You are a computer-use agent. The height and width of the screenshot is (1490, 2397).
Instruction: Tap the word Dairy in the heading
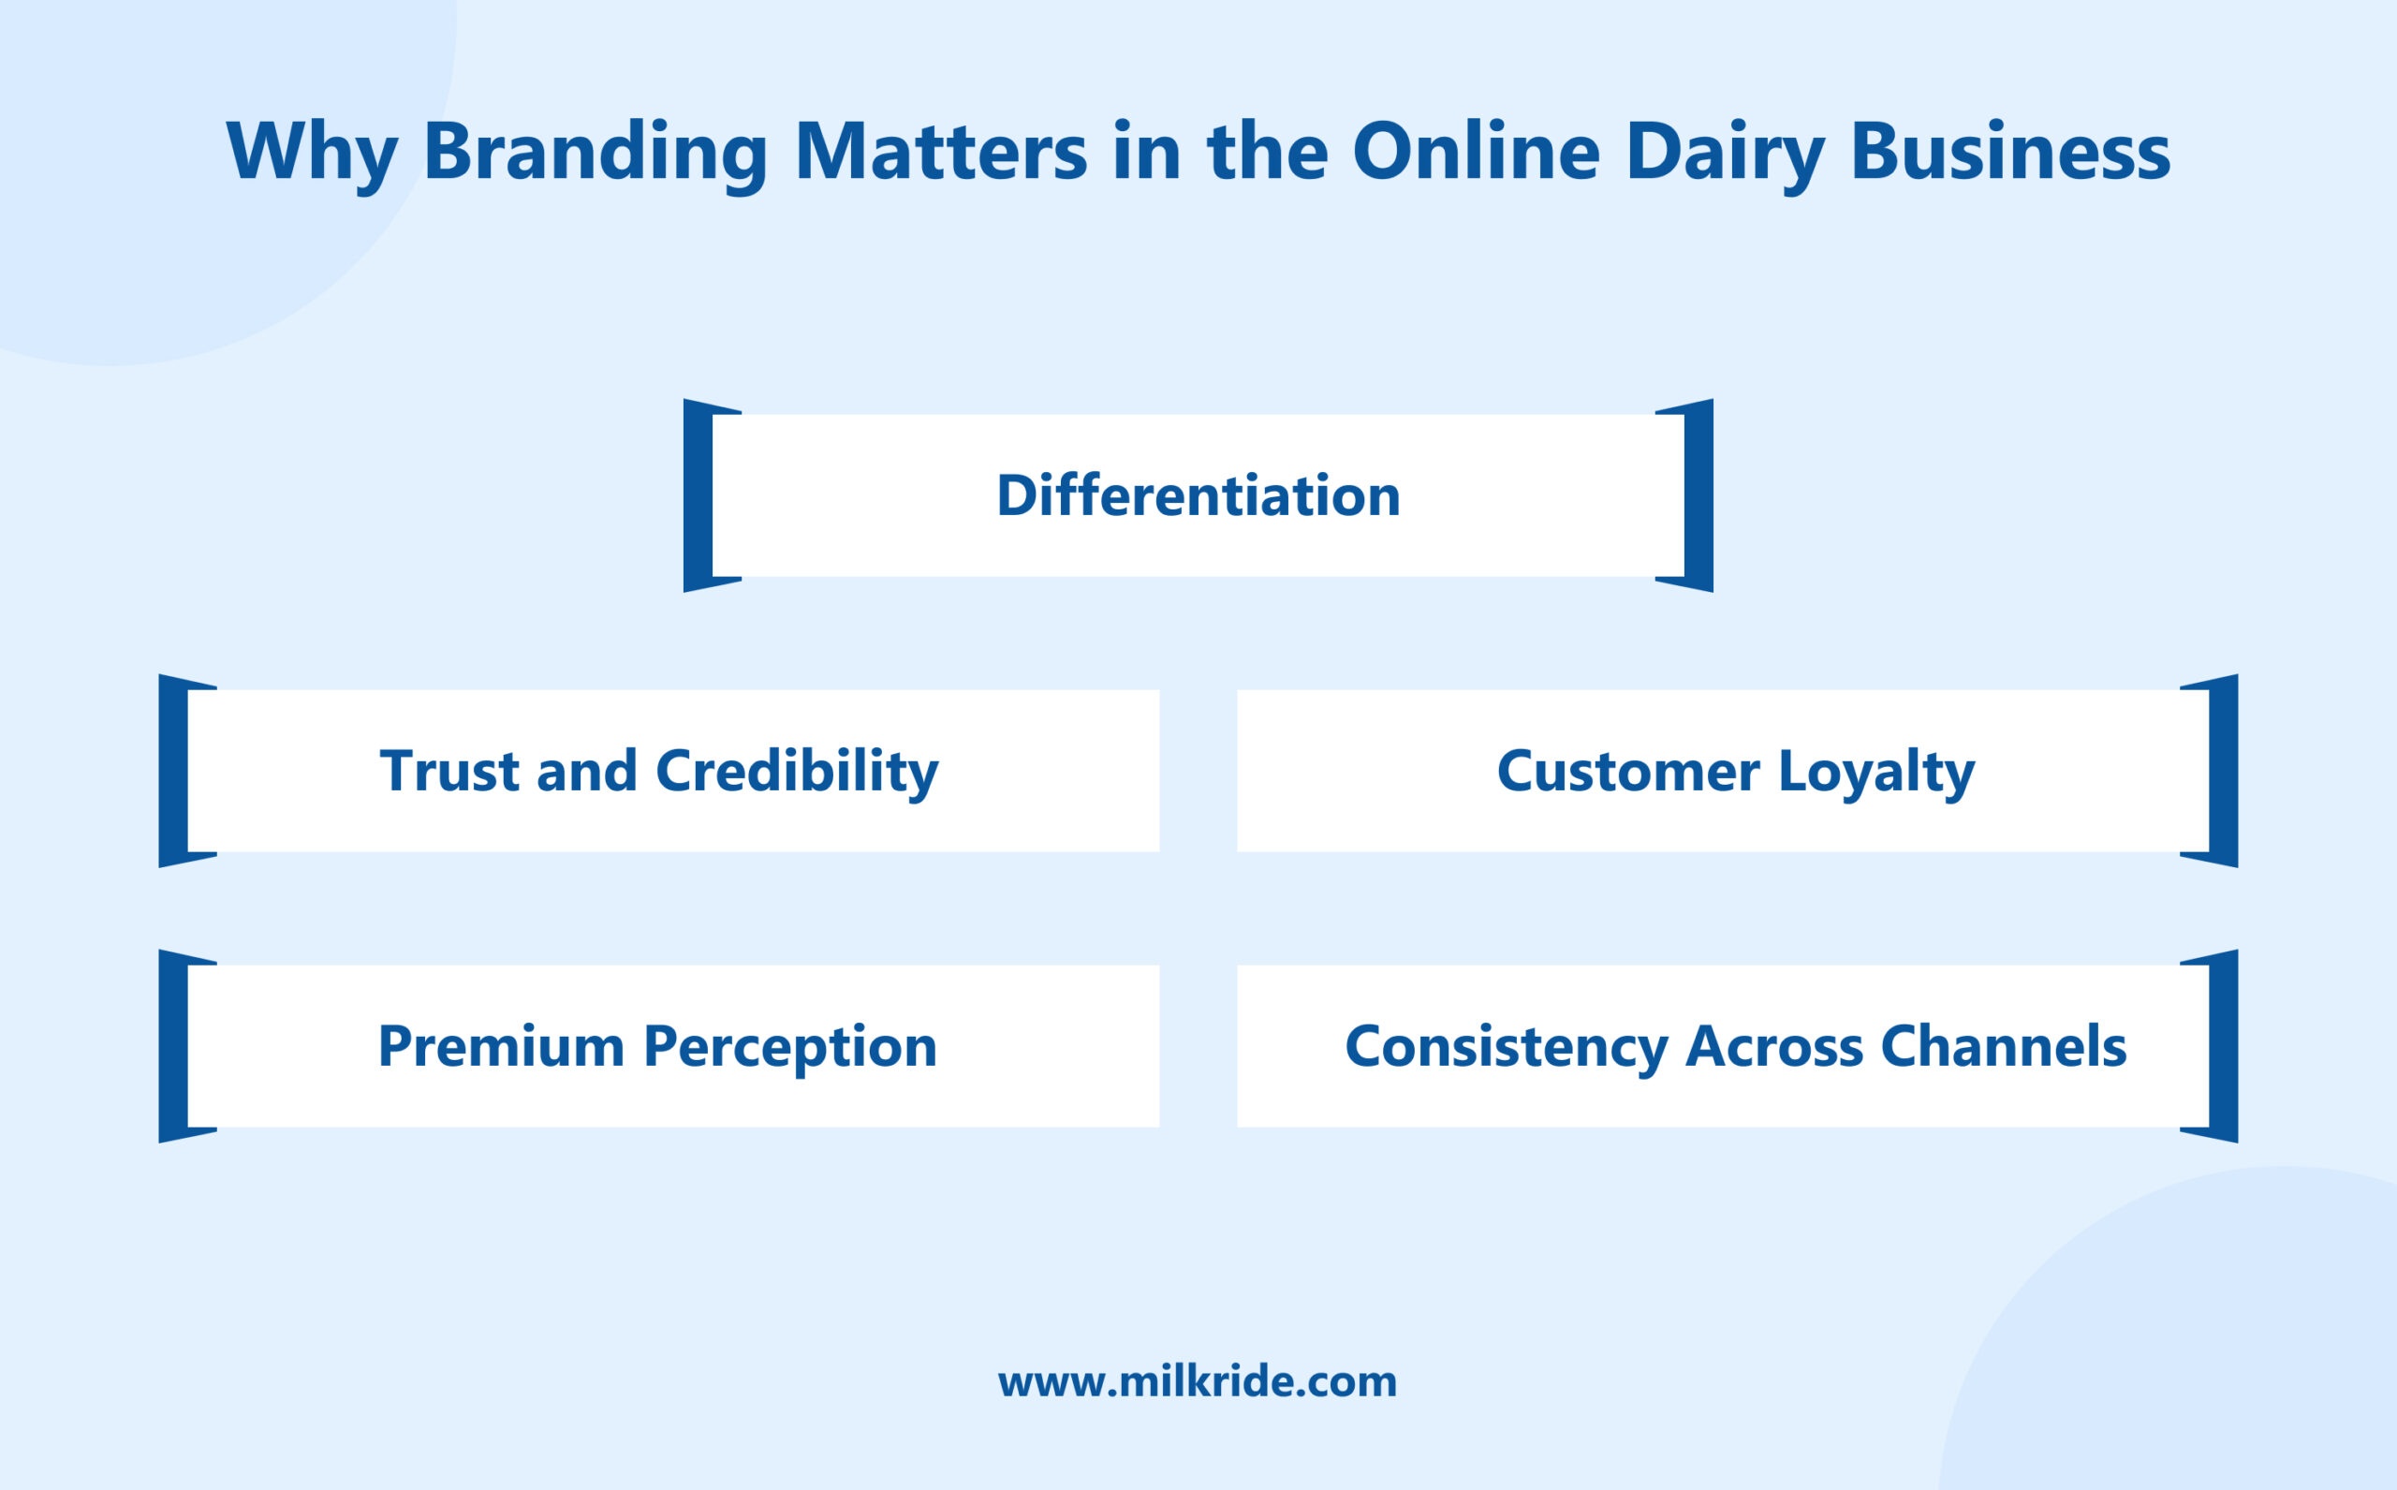pyautogui.click(x=1724, y=152)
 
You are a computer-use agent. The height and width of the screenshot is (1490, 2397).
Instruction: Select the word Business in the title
pyautogui.click(x=2009, y=152)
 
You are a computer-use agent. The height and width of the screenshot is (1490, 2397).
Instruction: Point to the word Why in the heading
pyautogui.click(x=311, y=152)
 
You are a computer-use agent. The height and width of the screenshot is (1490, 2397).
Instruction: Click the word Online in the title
pyautogui.click(x=1475, y=152)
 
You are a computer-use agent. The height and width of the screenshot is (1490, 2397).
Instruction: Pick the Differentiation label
pyautogui.click(x=1198, y=495)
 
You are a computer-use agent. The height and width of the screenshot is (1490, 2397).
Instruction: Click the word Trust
pyautogui.click(x=449, y=771)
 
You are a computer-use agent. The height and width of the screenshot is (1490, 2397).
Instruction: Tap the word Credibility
pyautogui.click(x=796, y=771)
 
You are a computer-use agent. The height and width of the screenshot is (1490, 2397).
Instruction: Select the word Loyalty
pyautogui.click(x=1875, y=771)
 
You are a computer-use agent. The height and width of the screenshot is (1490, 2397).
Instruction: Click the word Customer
pyautogui.click(x=1627, y=771)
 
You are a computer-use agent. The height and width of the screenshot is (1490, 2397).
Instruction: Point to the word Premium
pyautogui.click(x=501, y=1046)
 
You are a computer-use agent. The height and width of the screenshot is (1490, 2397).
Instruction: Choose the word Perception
pyautogui.click(x=789, y=1046)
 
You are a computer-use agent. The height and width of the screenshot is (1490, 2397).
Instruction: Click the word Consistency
pyautogui.click(x=1506, y=1046)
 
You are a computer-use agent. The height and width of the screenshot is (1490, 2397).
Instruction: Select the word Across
pyautogui.click(x=1773, y=1046)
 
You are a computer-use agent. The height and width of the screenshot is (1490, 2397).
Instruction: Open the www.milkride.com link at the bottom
pyautogui.click(x=1197, y=1381)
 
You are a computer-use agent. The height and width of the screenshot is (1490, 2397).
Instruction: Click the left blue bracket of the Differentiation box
pyautogui.click(x=698, y=495)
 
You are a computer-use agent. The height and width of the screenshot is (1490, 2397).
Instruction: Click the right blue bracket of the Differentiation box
pyautogui.click(x=1698, y=495)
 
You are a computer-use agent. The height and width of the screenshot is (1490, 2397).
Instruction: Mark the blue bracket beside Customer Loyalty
pyautogui.click(x=2224, y=771)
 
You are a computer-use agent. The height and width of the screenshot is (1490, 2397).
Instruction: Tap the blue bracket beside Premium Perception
pyautogui.click(x=173, y=1046)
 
